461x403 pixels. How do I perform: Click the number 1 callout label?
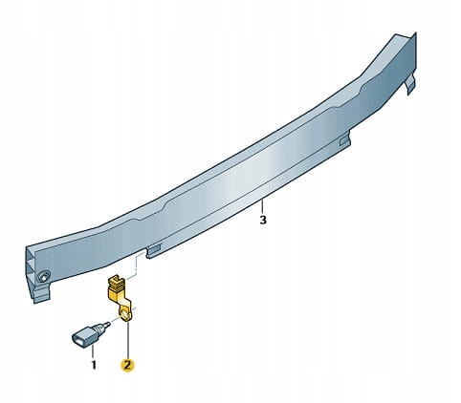[94, 365]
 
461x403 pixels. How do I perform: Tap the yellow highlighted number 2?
[127, 365]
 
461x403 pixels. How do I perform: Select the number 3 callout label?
[263, 220]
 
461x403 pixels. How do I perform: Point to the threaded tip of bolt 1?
[106, 325]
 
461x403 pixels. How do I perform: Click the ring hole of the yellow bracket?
[125, 315]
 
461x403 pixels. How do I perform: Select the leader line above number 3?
[261, 206]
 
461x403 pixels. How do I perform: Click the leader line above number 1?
[93, 352]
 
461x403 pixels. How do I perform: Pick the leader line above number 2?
[127, 339]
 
